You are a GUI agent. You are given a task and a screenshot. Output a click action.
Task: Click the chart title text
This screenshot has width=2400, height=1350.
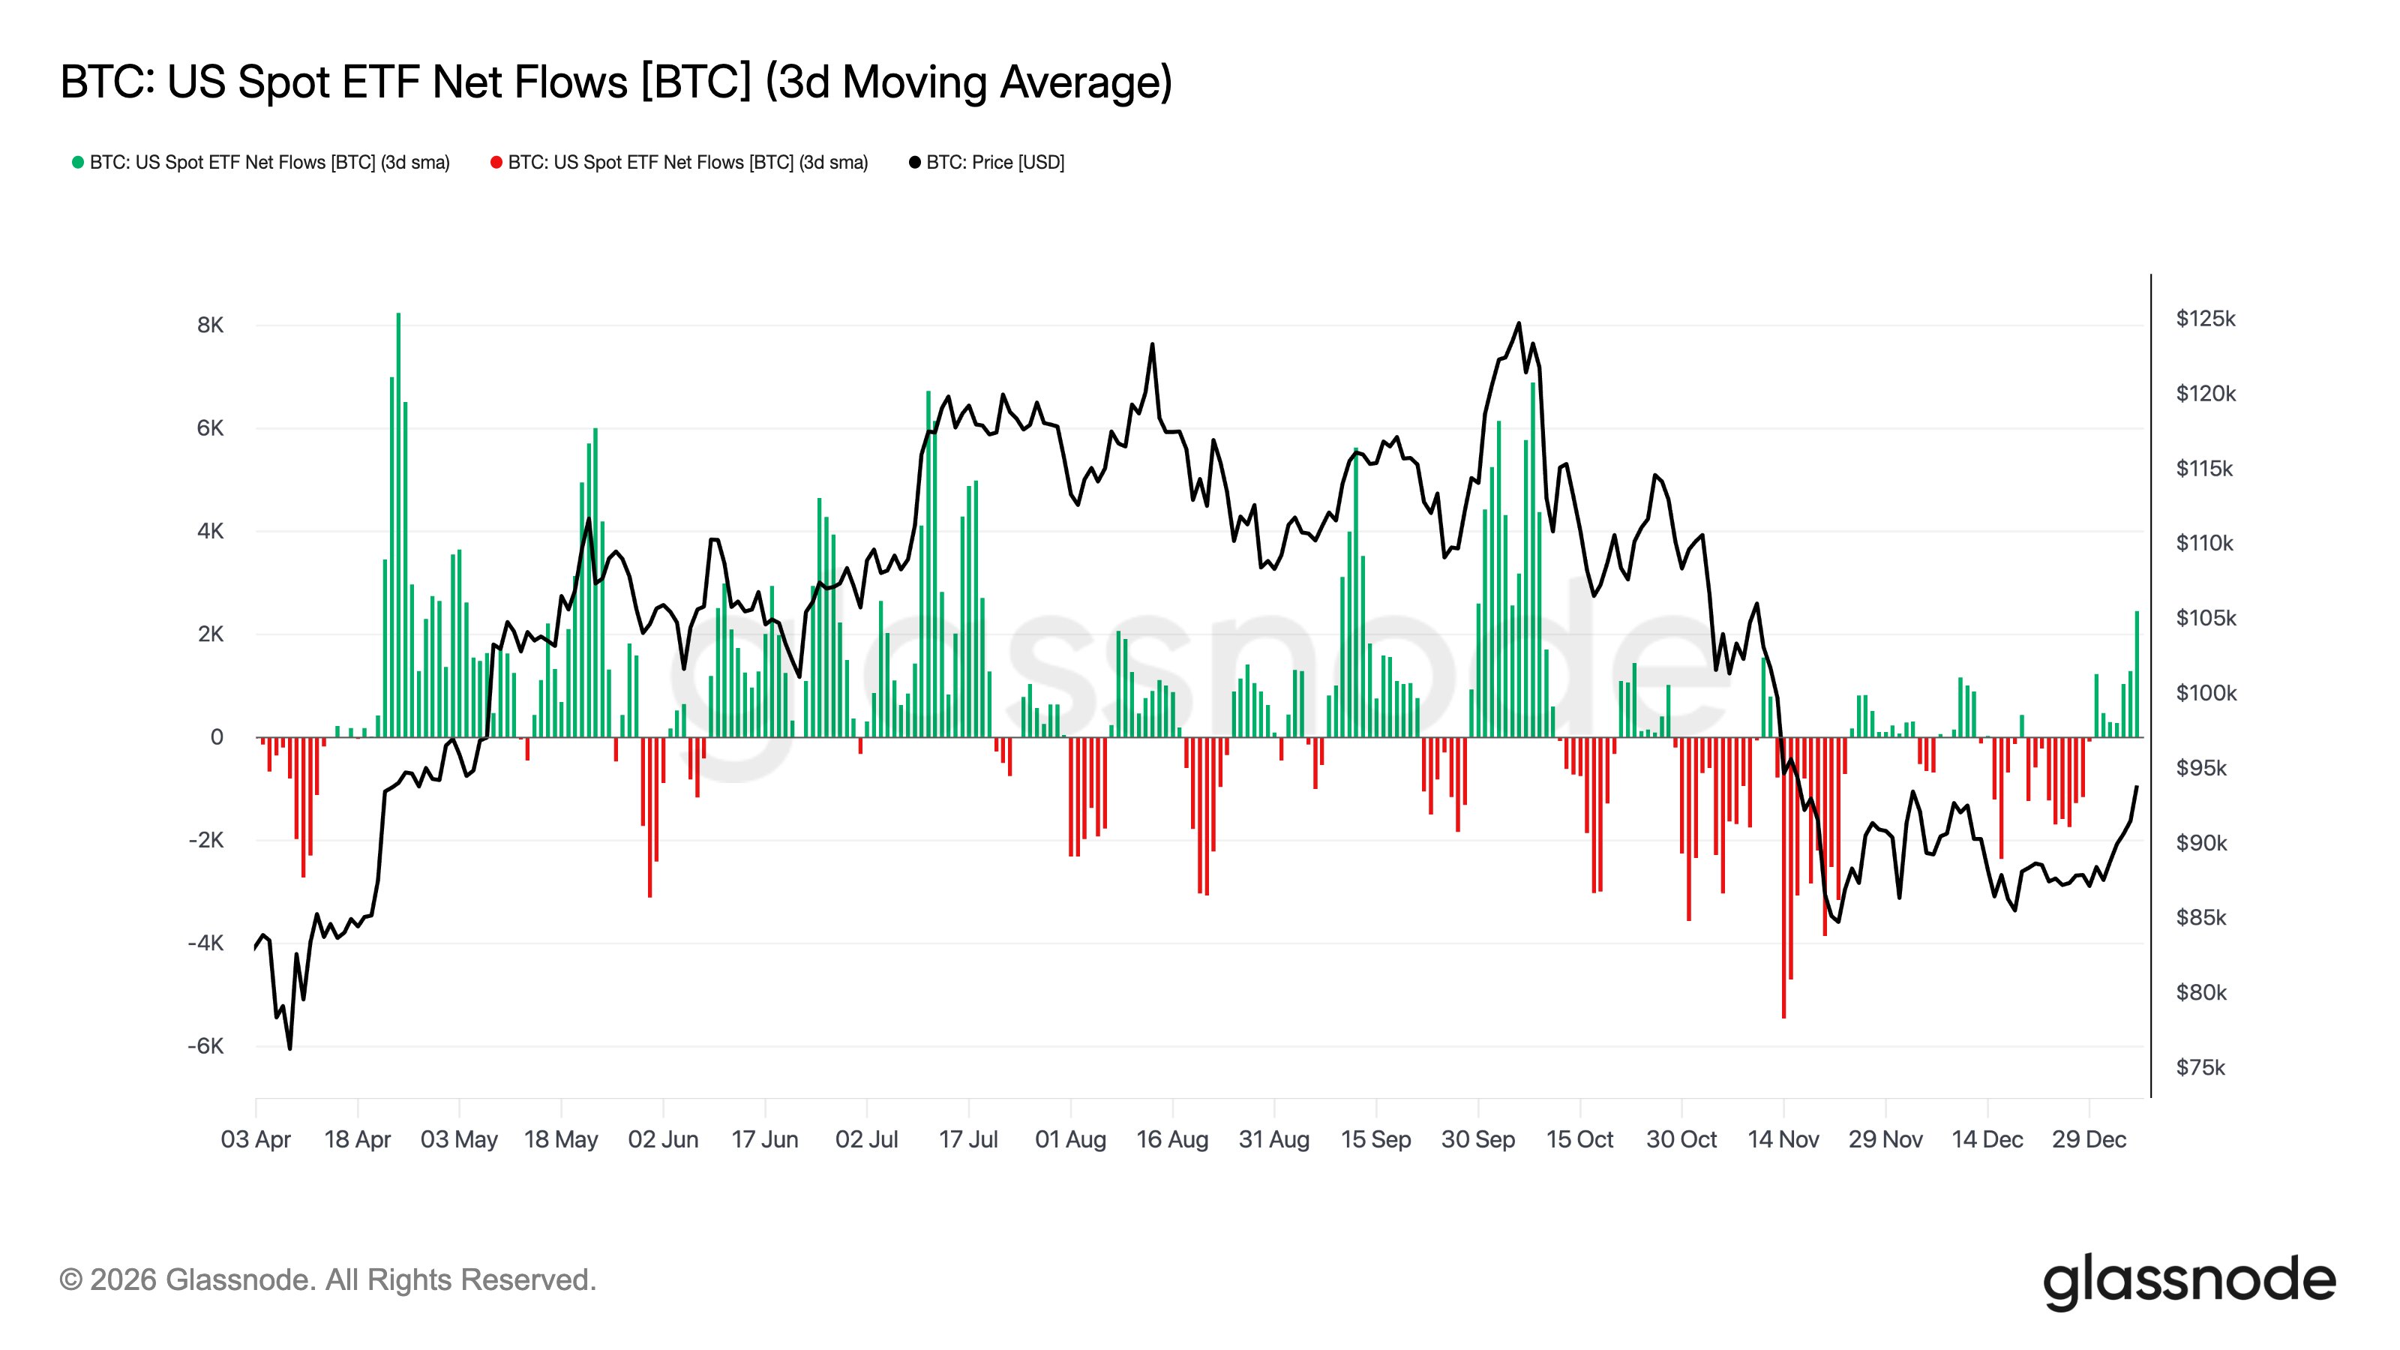tap(616, 82)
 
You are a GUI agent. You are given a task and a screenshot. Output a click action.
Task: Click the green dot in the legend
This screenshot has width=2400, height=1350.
tap(78, 163)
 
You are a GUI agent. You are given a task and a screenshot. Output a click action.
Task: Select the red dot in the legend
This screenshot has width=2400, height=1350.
tap(496, 163)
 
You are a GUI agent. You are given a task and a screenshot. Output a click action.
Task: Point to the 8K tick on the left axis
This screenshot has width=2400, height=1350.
tap(211, 325)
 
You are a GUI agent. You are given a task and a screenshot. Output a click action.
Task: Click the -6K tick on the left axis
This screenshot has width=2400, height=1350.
tap(206, 1046)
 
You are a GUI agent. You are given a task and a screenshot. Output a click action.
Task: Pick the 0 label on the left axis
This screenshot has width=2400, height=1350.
tap(217, 737)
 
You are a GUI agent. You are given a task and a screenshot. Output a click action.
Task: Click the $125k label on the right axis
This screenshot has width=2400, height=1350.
tap(2205, 319)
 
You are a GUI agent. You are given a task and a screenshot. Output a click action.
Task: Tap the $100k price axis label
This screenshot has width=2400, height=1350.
tap(2205, 693)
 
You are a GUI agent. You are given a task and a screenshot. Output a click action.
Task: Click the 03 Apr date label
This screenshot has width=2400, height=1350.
tap(255, 1139)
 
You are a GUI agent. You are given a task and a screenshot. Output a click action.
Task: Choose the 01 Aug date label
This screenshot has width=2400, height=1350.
tap(1070, 1139)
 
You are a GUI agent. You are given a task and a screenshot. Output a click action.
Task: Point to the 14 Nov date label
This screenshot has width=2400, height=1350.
tap(1783, 1139)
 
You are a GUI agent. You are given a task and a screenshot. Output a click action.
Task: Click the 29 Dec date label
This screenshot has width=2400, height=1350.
tap(2089, 1139)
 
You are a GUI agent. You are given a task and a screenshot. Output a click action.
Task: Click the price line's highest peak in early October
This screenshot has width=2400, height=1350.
tap(1519, 323)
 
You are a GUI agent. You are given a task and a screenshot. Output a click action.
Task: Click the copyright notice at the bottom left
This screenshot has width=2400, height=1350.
tap(327, 1280)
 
